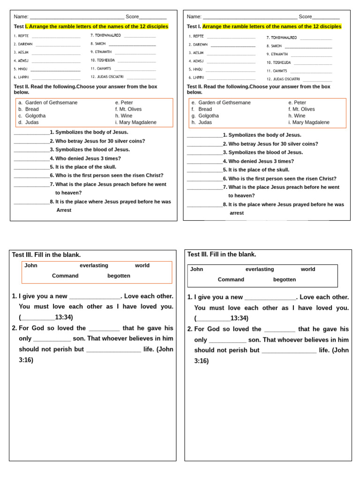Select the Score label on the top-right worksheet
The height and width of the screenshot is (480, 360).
pos(305,16)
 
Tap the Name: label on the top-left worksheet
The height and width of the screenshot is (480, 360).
pos(21,16)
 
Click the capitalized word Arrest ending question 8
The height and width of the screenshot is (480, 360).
pos(64,210)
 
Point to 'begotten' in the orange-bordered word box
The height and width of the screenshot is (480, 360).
pos(119,276)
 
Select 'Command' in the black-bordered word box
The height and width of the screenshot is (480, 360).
pos(231,279)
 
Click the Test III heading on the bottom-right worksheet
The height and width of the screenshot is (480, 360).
pos(222,254)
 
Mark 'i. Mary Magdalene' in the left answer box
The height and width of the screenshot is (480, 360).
pos(135,122)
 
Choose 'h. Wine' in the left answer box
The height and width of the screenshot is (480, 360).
pos(124,116)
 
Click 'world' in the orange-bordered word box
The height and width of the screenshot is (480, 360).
pos(142,265)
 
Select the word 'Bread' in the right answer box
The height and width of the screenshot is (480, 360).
pos(205,109)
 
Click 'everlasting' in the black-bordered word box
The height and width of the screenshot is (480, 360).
pos(260,269)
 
